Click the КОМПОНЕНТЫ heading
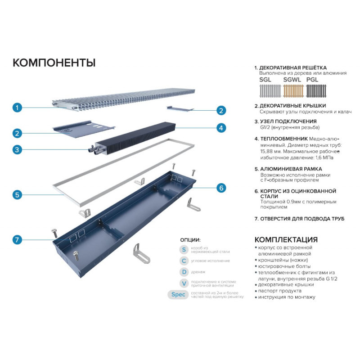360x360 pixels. click(x=54, y=63)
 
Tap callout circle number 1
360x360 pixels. click(x=17, y=108)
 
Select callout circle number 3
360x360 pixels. click(x=17, y=150)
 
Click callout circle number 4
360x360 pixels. click(x=221, y=128)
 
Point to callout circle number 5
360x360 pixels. click(x=17, y=195)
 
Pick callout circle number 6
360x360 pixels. click(x=221, y=188)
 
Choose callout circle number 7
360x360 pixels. click(x=17, y=240)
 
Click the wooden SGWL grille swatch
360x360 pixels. click(x=293, y=91)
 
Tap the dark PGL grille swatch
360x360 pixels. click(x=316, y=91)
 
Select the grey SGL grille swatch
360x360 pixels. click(x=270, y=91)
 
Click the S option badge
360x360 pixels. click(x=184, y=250)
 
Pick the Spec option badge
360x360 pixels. click(x=178, y=295)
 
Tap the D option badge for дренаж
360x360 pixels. click(x=184, y=272)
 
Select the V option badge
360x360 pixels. click(x=184, y=283)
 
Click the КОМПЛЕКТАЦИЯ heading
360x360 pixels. click(x=286, y=239)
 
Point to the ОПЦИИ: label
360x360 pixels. click(x=190, y=240)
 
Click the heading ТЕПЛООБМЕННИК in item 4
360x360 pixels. click(x=284, y=139)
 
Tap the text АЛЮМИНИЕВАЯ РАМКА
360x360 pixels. click(x=291, y=169)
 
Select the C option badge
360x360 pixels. click(x=184, y=261)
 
